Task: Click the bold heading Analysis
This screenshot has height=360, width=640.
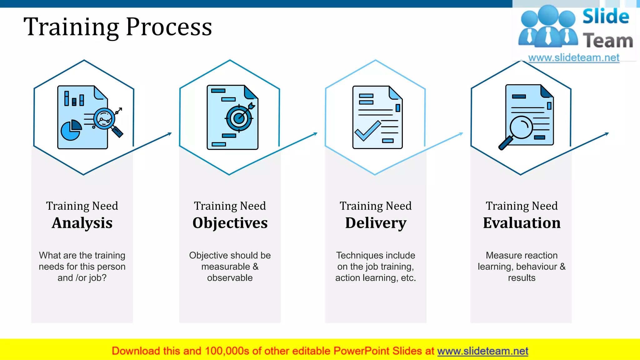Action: [x=82, y=223]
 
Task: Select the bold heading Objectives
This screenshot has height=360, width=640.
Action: [x=230, y=223]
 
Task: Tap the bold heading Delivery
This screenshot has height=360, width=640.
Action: [x=376, y=223]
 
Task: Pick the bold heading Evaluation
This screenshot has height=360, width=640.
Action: [x=522, y=223]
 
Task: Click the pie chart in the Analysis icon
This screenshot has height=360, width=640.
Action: [x=71, y=130]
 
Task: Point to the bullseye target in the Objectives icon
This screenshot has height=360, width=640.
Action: [x=239, y=118]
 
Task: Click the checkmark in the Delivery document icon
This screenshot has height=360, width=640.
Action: [x=367, y=131]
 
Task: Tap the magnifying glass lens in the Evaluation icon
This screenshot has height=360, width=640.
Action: [x=521, y=127]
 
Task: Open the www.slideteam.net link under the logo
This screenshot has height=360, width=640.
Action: [x=574, y=58]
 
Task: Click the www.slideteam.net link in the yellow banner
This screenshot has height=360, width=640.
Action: [x=482, y=351]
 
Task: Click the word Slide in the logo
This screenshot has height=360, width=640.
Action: [x=606, y=17]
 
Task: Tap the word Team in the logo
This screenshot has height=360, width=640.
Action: [x=608, y=41]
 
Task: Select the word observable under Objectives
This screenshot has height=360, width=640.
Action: [x=230, y=278]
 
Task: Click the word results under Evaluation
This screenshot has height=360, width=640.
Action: [x=522, y=278]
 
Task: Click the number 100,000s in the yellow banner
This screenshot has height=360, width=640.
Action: [x=227, y=351]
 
